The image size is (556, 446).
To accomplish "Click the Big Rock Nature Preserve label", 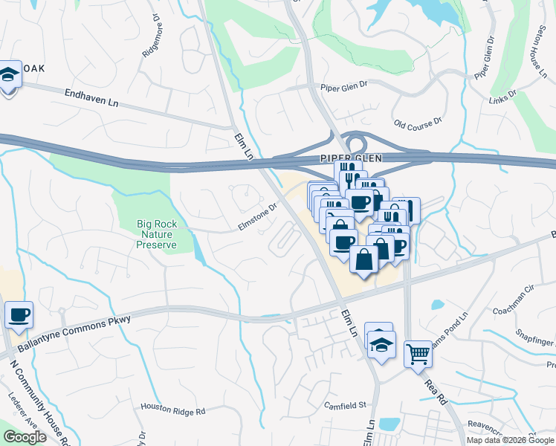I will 157,234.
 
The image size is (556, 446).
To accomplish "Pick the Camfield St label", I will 346,405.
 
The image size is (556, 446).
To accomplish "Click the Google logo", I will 25,437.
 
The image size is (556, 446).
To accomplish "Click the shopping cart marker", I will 418,354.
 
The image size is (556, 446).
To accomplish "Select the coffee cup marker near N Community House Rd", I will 19,313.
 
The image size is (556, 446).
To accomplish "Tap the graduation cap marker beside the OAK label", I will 10,74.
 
